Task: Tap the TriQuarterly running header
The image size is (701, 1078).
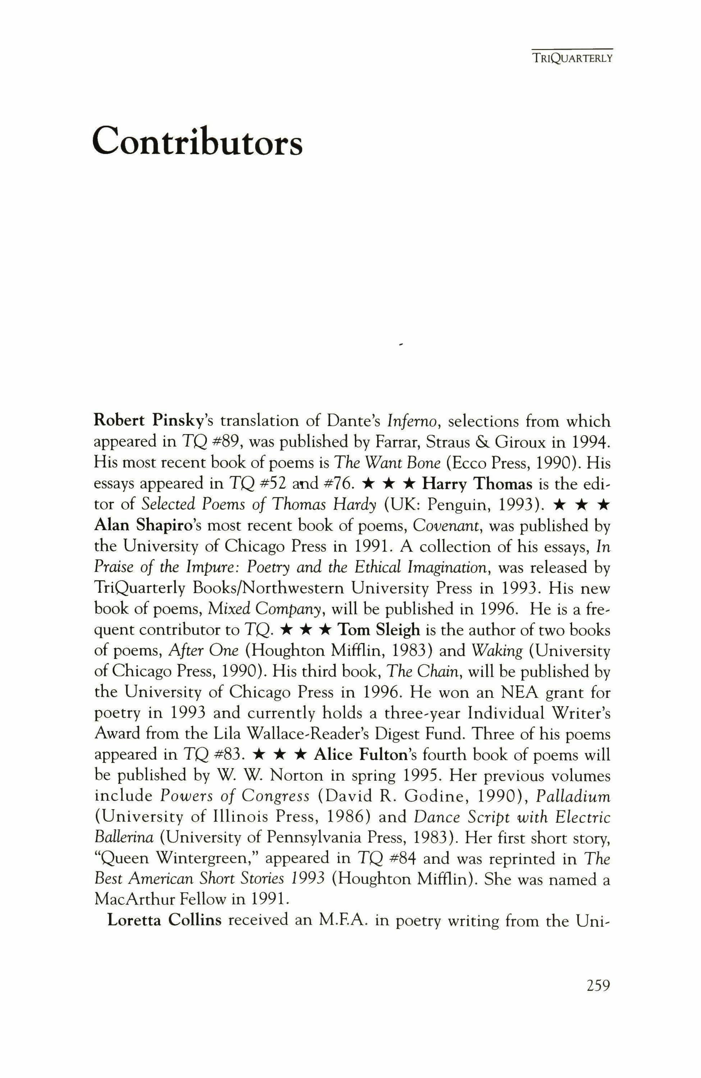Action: [572, 58]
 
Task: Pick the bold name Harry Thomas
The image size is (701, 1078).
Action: [477, 484]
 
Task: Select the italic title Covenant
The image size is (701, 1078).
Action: [443, 526]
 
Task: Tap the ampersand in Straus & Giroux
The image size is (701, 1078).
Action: [498, 442]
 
